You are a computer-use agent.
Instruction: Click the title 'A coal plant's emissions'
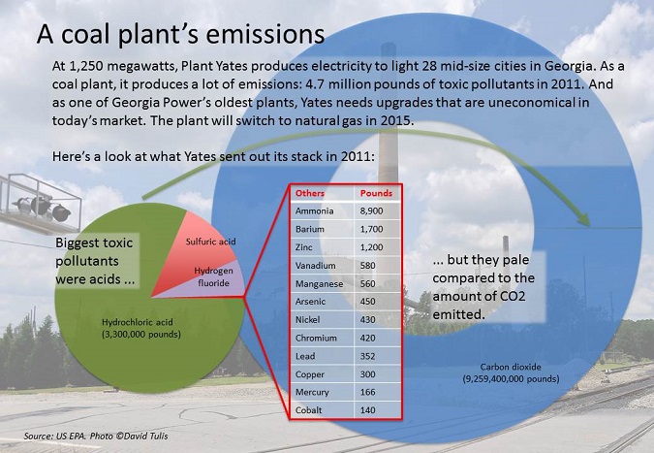click(x=180, y=34)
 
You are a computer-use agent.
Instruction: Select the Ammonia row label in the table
click(x=315, y=210)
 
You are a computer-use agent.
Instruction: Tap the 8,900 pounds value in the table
click(x=371, y=211)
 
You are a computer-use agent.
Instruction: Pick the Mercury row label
click(x=312, y=392)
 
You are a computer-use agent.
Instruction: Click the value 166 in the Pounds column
click(x=367, y=392)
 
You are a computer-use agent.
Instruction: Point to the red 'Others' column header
click(x=310, y=193)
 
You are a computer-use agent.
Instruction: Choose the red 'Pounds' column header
click(x=376, y=193)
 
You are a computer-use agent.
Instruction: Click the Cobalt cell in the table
click(x=309, y=410)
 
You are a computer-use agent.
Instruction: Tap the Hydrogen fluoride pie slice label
click(x=213, y=276)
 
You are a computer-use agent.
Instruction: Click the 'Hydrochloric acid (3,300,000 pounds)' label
click(x=141, y=328)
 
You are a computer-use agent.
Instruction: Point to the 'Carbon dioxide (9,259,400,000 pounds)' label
click(x=511, y=372)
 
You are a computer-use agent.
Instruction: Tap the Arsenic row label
click(x=310, y=302)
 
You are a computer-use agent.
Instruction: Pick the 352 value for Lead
click(x=367, y=356)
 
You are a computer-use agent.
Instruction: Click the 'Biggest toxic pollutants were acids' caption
click(x=95, y=261)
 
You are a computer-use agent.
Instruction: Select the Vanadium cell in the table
click(x=315, y=266)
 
